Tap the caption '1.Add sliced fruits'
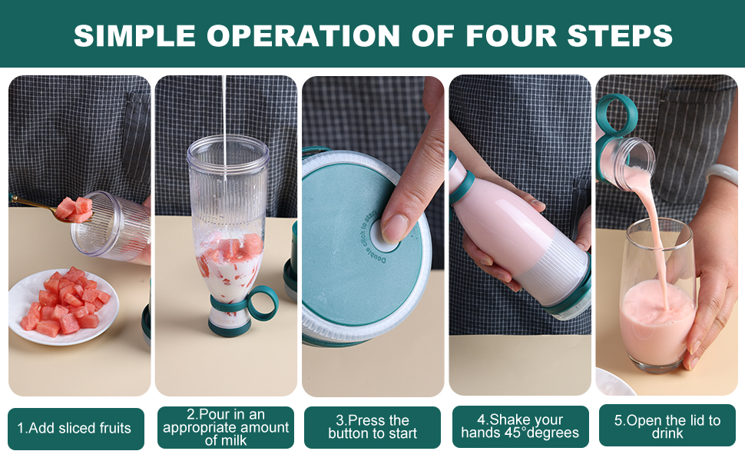coord(74,428)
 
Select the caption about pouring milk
coord(226,428)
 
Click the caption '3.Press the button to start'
coord(372,428)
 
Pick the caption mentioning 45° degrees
coord(521,428)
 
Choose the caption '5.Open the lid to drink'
coord(667,428)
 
